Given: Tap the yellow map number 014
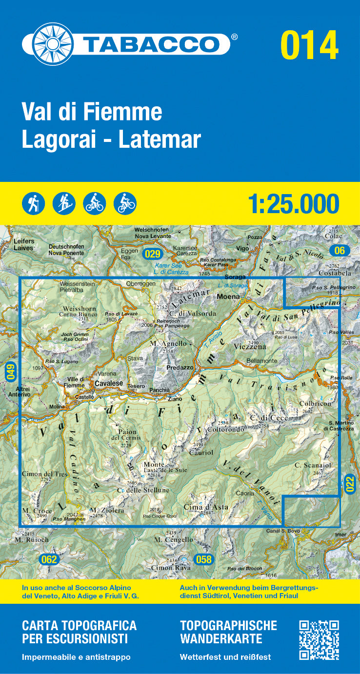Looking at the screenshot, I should coord(309,45).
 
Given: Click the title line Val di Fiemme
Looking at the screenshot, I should coord(92,112).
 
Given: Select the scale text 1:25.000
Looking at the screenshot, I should coord(293,203).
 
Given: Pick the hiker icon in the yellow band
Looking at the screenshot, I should coord(33,203).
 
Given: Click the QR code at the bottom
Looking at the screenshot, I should coord(319,640).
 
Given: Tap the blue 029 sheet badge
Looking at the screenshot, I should coord(153,254).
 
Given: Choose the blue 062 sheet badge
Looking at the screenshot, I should coord(49,559).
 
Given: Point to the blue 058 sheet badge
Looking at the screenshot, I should coord(203,559).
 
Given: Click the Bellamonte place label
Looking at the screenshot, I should coord(261,361).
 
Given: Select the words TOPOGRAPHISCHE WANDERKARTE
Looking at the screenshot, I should coord(228,632).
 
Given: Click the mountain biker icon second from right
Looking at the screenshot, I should coord(94,203).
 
